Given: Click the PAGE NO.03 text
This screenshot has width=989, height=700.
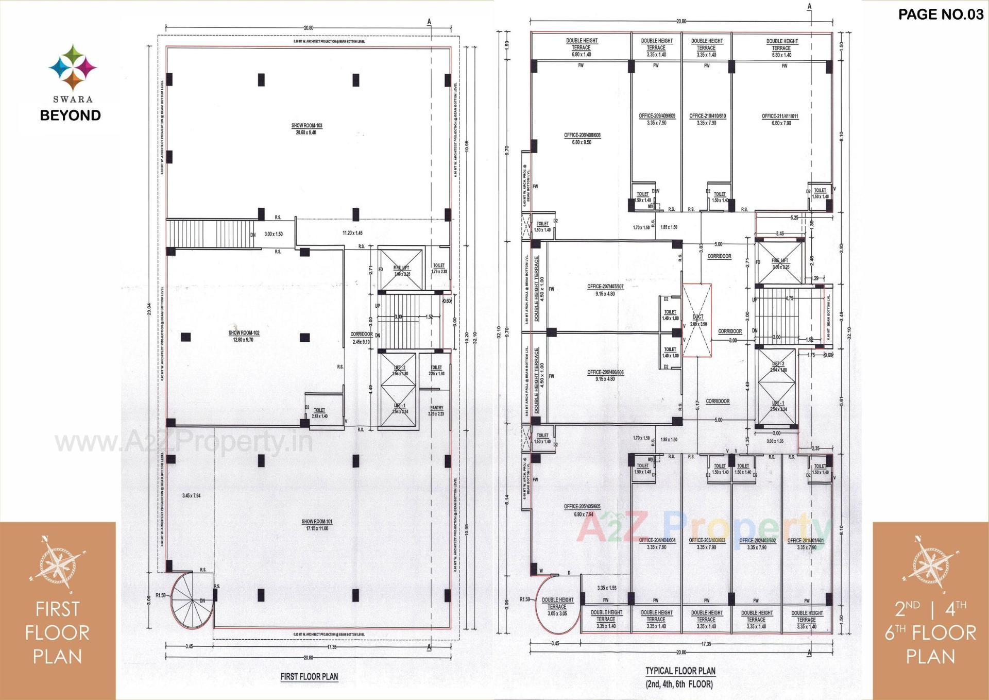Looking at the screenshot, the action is (x=941, y=14).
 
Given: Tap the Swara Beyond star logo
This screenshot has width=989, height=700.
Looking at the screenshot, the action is (x=73, y=68).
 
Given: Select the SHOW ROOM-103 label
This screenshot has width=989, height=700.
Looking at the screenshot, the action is (x=306, y=126).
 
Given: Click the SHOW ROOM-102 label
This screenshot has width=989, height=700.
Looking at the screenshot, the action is (x=244, y=333).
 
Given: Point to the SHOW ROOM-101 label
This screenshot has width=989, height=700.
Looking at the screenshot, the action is (x=317, y=522).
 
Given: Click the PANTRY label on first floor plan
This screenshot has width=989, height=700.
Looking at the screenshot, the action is (x=436, y=408).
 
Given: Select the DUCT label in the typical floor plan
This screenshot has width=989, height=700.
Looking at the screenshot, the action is (x=698, y=317).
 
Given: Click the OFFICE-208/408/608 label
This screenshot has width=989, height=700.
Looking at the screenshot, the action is (x=582, y=136).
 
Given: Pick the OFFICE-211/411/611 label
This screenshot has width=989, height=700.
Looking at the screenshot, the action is (x=780, y=116).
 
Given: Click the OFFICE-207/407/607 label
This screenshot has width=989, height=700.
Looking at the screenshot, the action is (x=605, y=287).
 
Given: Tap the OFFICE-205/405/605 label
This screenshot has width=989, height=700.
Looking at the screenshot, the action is (x=582, y=507).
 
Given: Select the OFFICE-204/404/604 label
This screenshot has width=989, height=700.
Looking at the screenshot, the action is (x=657, y=540).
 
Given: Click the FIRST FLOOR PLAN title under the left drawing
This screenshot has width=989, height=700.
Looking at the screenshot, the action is (x=309, y=676).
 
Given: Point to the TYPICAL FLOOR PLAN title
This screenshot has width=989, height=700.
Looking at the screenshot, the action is (x=680, y=671).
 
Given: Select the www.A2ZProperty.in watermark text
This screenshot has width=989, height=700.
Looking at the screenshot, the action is (x=184, y=442).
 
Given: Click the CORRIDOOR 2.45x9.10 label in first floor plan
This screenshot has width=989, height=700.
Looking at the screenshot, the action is (x=361, y=335).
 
